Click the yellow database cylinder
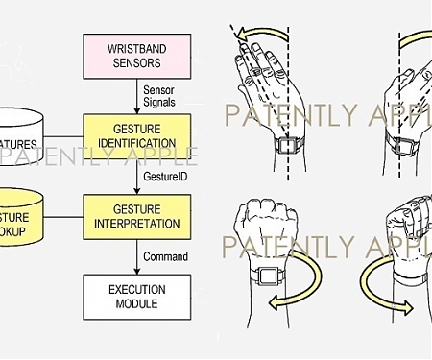pyautogui.click(x=19, y=214)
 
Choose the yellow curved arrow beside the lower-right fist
pyautogui.click(x=384, y=288)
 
